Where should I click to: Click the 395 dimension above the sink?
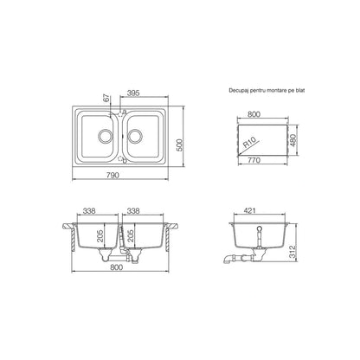click(x=133, y=93)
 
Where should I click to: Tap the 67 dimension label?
click(x=107, y=99)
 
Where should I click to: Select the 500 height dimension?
click(x=179, y=145)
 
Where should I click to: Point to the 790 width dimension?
click(x=112, y=175)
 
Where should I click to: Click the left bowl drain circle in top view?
click(x=105, y=137)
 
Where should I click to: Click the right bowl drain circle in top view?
click(x=135, y=137)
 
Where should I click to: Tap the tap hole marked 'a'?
click(x=120, y=112)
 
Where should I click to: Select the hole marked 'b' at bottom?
click(x=120, y=158)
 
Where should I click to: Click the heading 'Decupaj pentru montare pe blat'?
click(x=267, y=90)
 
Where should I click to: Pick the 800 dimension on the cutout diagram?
click(x=254, y=114)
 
